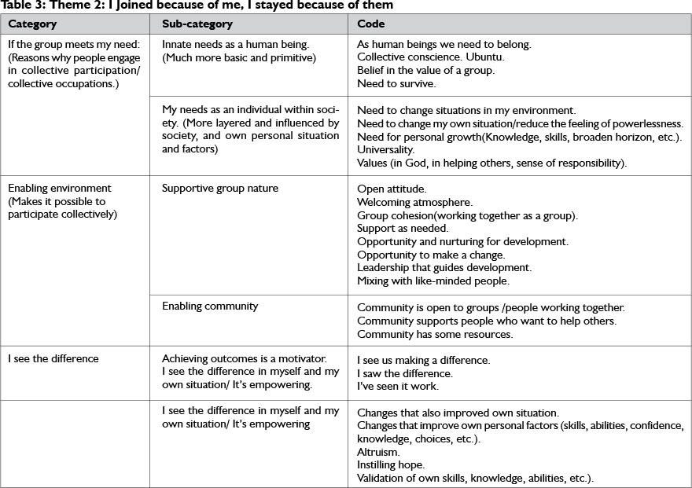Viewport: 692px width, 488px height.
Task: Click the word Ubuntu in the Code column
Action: point(486,57)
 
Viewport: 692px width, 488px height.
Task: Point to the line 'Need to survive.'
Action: point(396,83)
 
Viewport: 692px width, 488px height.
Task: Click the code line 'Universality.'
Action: point(385,149)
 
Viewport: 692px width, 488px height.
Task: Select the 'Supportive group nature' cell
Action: point(220,189)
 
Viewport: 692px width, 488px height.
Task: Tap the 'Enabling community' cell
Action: point(210,306)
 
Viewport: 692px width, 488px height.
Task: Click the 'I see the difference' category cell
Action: point(53,359)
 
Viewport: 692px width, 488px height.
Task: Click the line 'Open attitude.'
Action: point(392,189)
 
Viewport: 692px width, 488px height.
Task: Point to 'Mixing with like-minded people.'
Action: point(433,281)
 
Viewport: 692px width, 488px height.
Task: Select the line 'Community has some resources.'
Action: point(435,334)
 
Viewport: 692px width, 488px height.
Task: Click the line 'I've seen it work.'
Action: point(398,387)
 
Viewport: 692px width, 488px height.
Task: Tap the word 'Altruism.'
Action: point(378,452)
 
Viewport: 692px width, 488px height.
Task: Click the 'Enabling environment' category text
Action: point(60,189)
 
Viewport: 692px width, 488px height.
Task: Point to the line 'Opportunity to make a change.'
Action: point(431,255)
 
